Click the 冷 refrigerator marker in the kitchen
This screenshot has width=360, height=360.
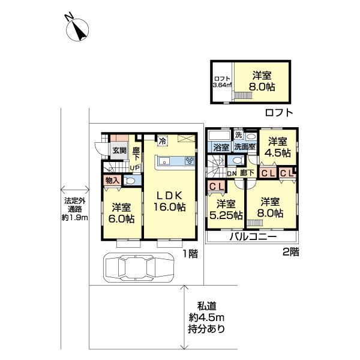click(162, 142)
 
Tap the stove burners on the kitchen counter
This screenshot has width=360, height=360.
click(190, 160)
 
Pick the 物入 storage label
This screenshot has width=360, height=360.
click(112, 179)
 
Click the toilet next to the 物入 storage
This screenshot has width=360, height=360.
click(130, 179)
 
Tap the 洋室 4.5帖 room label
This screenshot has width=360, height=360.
click(279, 147)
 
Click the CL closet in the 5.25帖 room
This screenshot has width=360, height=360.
click(217, 187)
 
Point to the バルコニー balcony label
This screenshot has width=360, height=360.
click(252, 237)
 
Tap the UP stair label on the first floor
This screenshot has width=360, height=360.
click(136, 167)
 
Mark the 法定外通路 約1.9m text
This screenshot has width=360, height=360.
click(76, 209)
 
